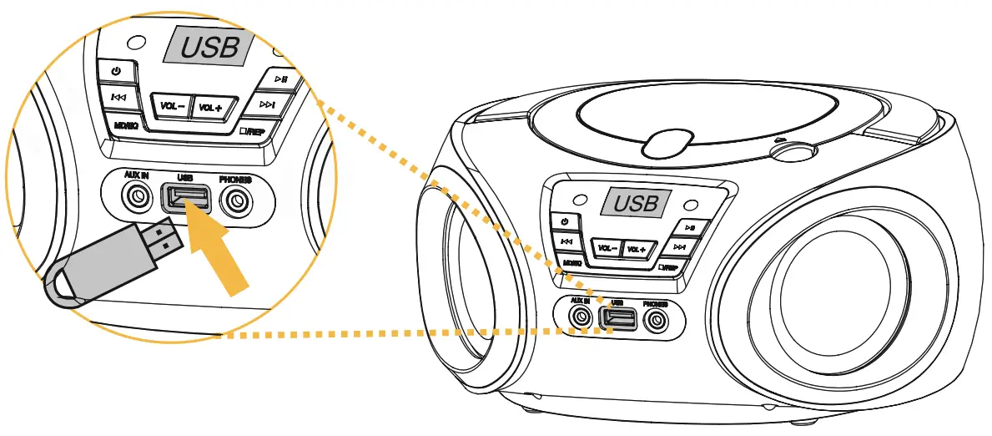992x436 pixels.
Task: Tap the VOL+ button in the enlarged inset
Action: tap(209, 108)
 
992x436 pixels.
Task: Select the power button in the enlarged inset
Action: tap(116, 71)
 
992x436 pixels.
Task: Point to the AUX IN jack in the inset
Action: tap(134, 199)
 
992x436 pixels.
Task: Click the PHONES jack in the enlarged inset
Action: tap(237, 200)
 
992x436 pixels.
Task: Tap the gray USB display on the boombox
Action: tap(637, 202)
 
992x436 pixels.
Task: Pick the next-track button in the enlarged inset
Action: tap(267, 104)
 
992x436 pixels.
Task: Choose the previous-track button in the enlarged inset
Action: tap(118, 99)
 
